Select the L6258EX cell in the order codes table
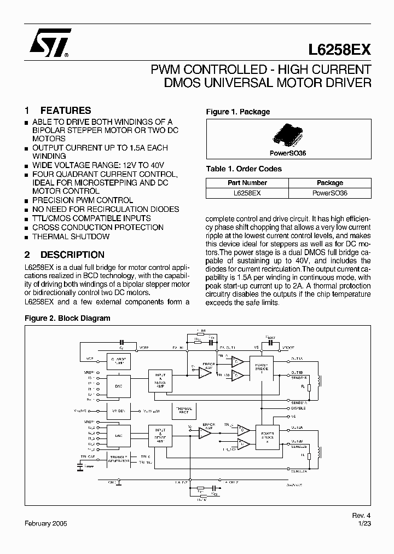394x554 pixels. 247,193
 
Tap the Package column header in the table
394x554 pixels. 330,183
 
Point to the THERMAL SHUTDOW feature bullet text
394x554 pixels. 71,236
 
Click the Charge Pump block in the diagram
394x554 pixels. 118,363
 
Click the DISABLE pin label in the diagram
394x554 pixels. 298,408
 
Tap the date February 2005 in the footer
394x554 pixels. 46,523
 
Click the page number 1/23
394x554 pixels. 365,523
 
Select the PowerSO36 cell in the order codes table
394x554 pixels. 330,193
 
